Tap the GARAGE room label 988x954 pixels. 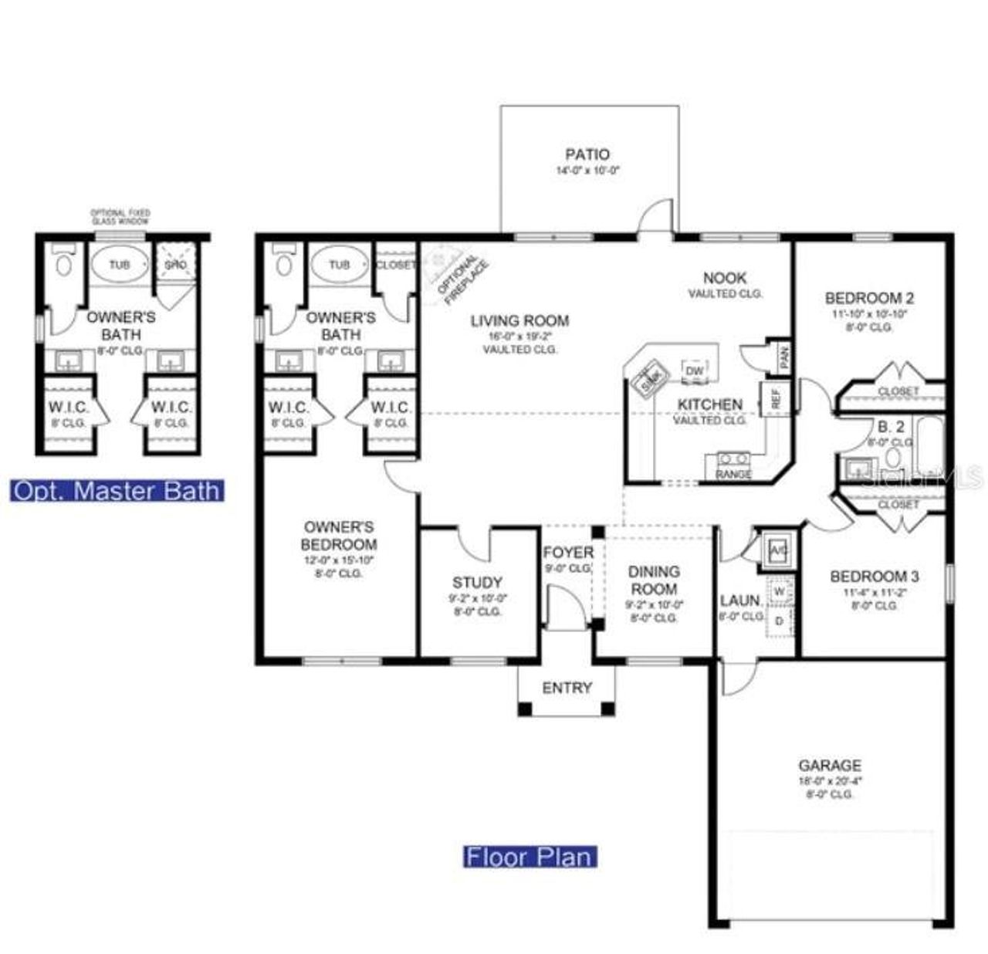click(x=830, y=766)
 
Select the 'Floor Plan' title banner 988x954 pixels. click(x=530, y=857)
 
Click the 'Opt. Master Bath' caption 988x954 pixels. click(x=117, y=492)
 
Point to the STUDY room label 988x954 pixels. click(x=477, y=583)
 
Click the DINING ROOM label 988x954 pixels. click(x=654, y=580)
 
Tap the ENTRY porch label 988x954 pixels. click(x=567, y=688)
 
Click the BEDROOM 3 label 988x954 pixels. click(x=874, y=577)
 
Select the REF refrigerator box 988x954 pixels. click(x=776, y=398)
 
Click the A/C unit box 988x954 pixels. click(x=777, y=550)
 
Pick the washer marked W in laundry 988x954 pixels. click(x=779, y=591)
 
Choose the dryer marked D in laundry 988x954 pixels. click(x=779, y=620)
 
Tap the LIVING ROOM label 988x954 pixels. click(x=519, y=321)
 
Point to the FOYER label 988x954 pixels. click(x=568, y=553)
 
